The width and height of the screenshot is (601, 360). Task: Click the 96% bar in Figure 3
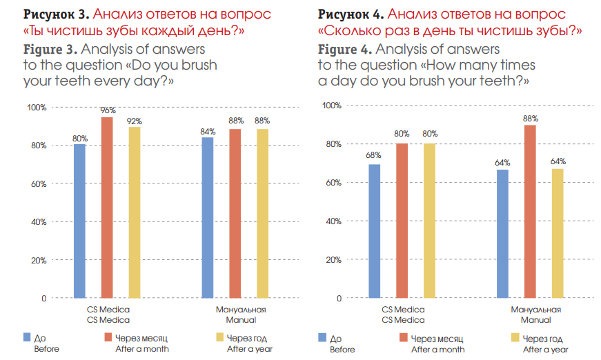[x=107, y=208]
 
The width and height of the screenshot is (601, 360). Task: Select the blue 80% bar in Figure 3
[x=79, y=221]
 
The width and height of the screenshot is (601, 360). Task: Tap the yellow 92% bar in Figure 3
[x=135, y=212]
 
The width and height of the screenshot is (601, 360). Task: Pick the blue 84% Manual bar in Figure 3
[x=208, y=217]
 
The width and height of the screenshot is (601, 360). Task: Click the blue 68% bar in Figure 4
[x=374, y=231]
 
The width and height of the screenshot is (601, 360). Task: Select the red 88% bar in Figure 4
[x=530, y=211]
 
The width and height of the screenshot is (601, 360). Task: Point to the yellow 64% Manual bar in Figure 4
[x=558, y=233]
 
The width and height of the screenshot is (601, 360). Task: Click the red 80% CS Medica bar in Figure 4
[x=402, y=221]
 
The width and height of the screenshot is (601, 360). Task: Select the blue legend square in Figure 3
[x=27, y=337]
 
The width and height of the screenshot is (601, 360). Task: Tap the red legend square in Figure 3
[x=108, y=337]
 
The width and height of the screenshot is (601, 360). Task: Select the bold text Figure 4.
[x=345, y=50]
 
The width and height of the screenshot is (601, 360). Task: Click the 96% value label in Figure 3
[x=108, y=110]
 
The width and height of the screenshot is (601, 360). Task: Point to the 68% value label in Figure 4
[x=374, y=156]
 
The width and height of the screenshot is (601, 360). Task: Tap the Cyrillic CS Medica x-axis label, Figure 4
[x=403, y=310]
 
